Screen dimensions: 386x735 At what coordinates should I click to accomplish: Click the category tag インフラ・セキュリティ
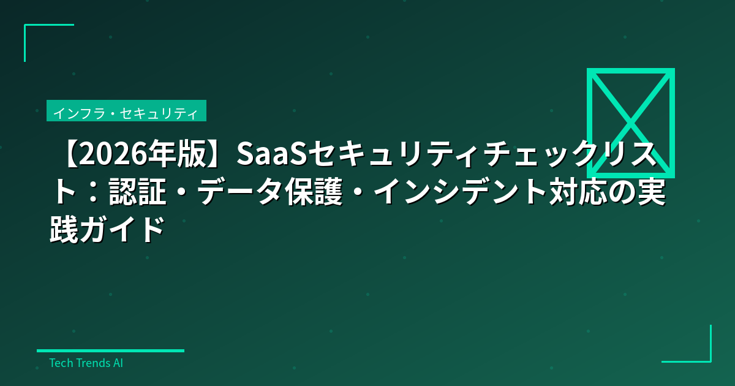(x=126, y=113)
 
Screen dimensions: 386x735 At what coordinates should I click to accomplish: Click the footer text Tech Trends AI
(x=86, y=363)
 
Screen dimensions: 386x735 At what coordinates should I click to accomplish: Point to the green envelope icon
(x=630, y=123)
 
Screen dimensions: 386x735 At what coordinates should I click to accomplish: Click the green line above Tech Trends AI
(x=110, y=351)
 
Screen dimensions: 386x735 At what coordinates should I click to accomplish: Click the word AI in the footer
(x=118, y=363)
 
